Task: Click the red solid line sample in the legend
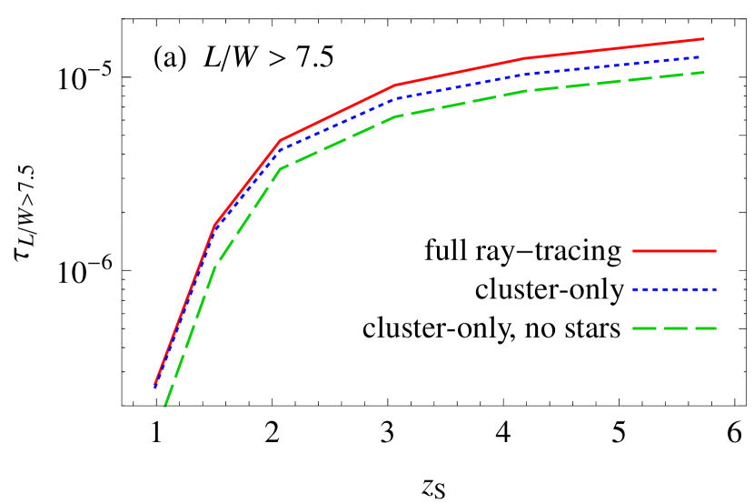pyautogui.click(x=674, y=250)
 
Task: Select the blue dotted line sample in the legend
pyautogui.click(x=674, y=289)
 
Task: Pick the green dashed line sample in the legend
pyautogui.click(x=674, y=328)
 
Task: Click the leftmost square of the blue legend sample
pyautogui.click(x=635, y=289)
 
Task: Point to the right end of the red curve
pyautogui.click(x=704, y=39)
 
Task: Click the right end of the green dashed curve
pyautogui.click(x=704, y=72)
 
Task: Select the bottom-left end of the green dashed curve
pyautogui.click(x=164, y=406)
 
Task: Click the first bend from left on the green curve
pyautogui.click(x=214, y=265)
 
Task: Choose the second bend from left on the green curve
pyautogui.click(x=280, y=169)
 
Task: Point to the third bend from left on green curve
pyautogui.click(x=395, y=116)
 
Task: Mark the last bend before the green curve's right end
pyautogui.click(x=527, y=91)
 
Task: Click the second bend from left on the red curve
pyautogui.click(x=280, y=141)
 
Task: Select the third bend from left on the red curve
pyautogui.click(x=395, y=86)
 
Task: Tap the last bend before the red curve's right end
pyautogui.click(x=527, y=58)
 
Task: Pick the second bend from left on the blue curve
pyautogui.click(x=280, y=150)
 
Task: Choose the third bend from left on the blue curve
pyautogui.click(x=395, y=97)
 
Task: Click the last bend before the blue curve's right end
pyautogui.click(x=527, y=75)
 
